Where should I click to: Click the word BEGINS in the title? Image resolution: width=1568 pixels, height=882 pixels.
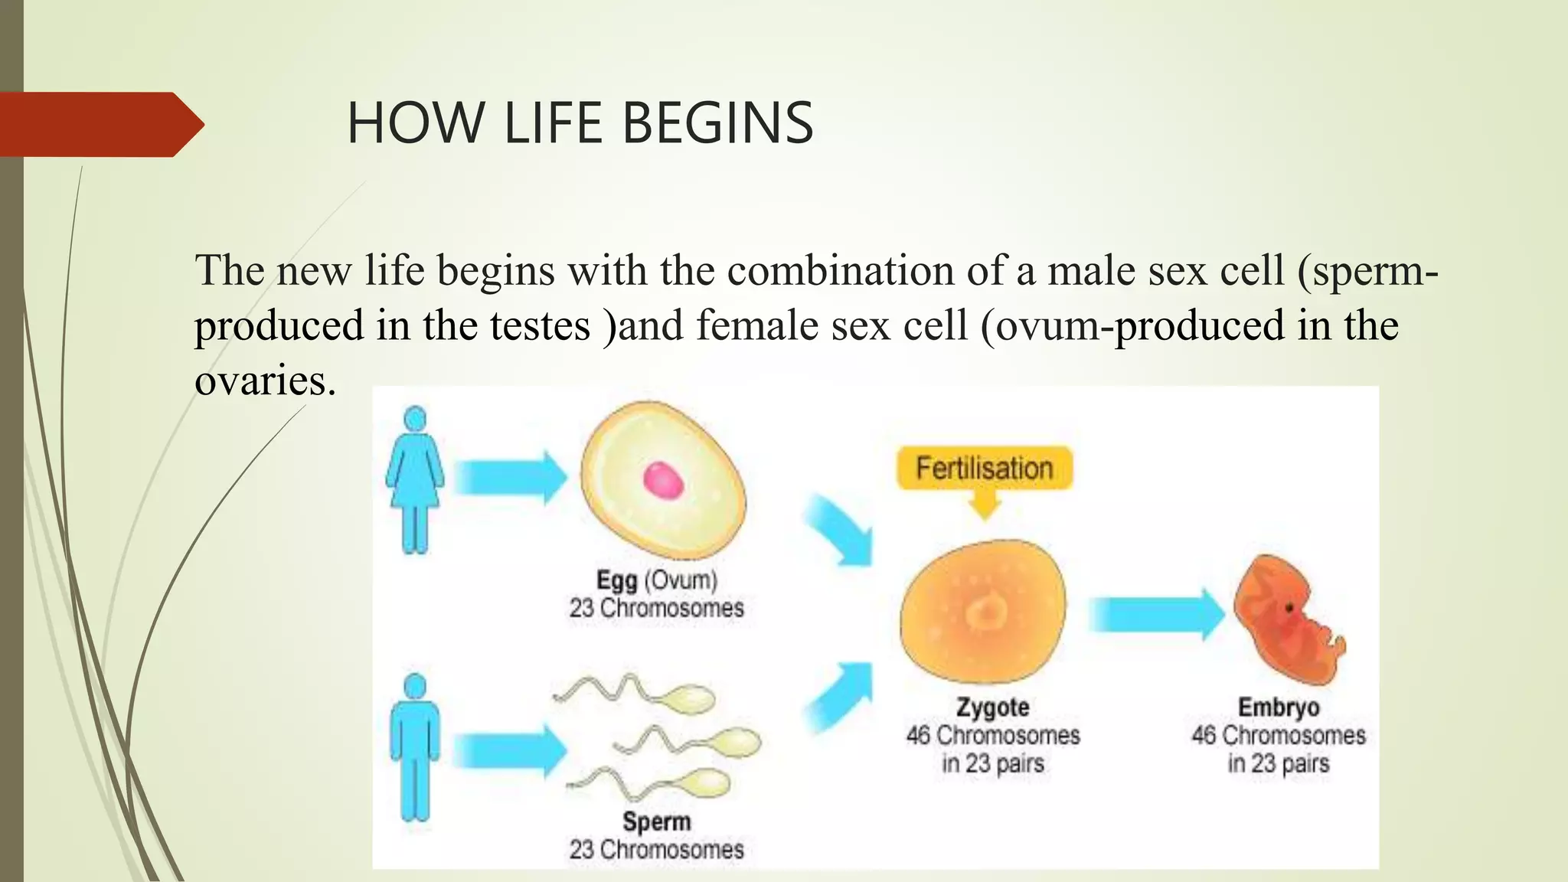pos(717,123)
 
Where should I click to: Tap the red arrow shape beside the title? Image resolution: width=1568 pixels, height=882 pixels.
pos(100,125)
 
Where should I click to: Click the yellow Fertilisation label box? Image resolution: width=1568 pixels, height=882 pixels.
pos(984,468)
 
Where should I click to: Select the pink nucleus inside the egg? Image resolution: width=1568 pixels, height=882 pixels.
pos(663,481)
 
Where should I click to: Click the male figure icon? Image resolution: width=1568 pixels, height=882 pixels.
pos(414,746)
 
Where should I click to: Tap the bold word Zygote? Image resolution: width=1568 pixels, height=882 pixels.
pos(992,707)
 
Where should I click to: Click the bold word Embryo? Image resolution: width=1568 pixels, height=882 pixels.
pos(1278,707)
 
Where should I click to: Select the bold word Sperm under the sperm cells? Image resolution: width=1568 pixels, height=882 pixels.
pos(656,822)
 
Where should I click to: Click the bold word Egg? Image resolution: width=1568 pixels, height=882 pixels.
pos(616,580)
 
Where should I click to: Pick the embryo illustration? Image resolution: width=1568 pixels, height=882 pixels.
pos(1288,620)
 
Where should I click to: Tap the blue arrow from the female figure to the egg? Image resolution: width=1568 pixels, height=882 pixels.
pos(509,478)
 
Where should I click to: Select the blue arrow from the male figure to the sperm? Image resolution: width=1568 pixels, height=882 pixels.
pos(509,751)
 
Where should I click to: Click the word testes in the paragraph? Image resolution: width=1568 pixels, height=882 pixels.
pos(540,325)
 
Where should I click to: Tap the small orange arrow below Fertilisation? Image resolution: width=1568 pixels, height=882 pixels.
pos(985,505)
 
